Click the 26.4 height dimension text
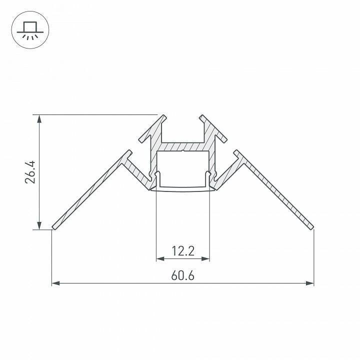(x=31, y=172)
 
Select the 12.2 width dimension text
(x=183, y=251)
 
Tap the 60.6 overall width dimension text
(x=183, y=275)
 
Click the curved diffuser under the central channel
(x=183, y=189)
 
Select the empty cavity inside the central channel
(x=183, y=168)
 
